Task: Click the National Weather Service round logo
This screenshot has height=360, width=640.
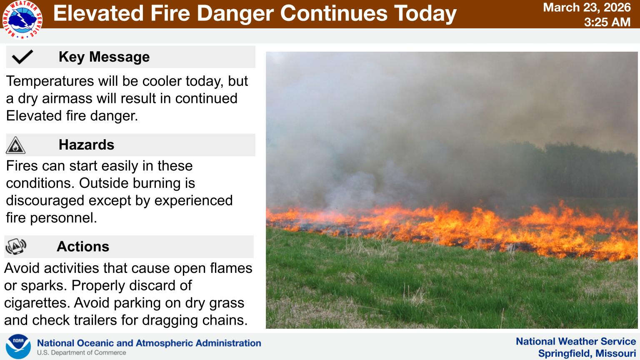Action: click(x=22, y=20)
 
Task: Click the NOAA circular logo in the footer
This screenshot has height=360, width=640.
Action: click(x=18, y=346)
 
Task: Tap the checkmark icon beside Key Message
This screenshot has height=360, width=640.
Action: click(x=22, y=57)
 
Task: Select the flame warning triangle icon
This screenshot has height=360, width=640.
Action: click(x=15, y=145)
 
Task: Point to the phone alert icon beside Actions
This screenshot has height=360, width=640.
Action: click(x=16, y=247)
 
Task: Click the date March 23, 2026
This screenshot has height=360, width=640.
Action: click(x=587, y=7)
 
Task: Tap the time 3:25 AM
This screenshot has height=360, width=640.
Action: click(x=607, y=22)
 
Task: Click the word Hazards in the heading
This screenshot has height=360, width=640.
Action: click(x=86, y=145)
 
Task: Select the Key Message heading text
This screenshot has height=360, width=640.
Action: click(x=104, y=57)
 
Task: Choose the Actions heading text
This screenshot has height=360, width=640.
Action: click(x=83, y=246)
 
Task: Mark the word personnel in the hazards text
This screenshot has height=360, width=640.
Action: click(x=63, y=218)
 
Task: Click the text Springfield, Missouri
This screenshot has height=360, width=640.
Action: click(x=587, y=353)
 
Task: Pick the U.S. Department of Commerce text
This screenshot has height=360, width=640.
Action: click(x=81, y=353)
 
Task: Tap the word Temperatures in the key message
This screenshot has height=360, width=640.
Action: click(x=50, y=81)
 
